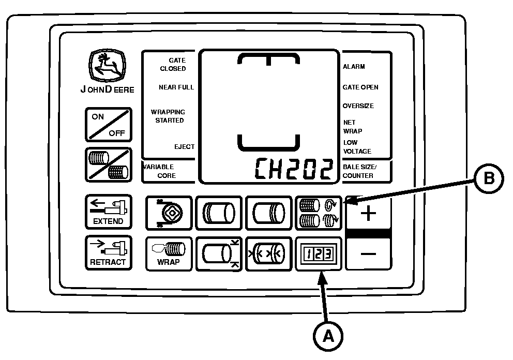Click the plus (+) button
(368, 213)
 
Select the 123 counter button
(318, 253)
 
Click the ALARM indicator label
(354, 67)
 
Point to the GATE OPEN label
(360, 87)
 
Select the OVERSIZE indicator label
(358, 106)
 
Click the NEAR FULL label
(176, 87)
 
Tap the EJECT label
(184, 147)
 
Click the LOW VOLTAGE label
(357, 147)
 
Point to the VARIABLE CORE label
(160, 171)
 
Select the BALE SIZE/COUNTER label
(358, 171)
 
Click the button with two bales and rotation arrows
(318, 213)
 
